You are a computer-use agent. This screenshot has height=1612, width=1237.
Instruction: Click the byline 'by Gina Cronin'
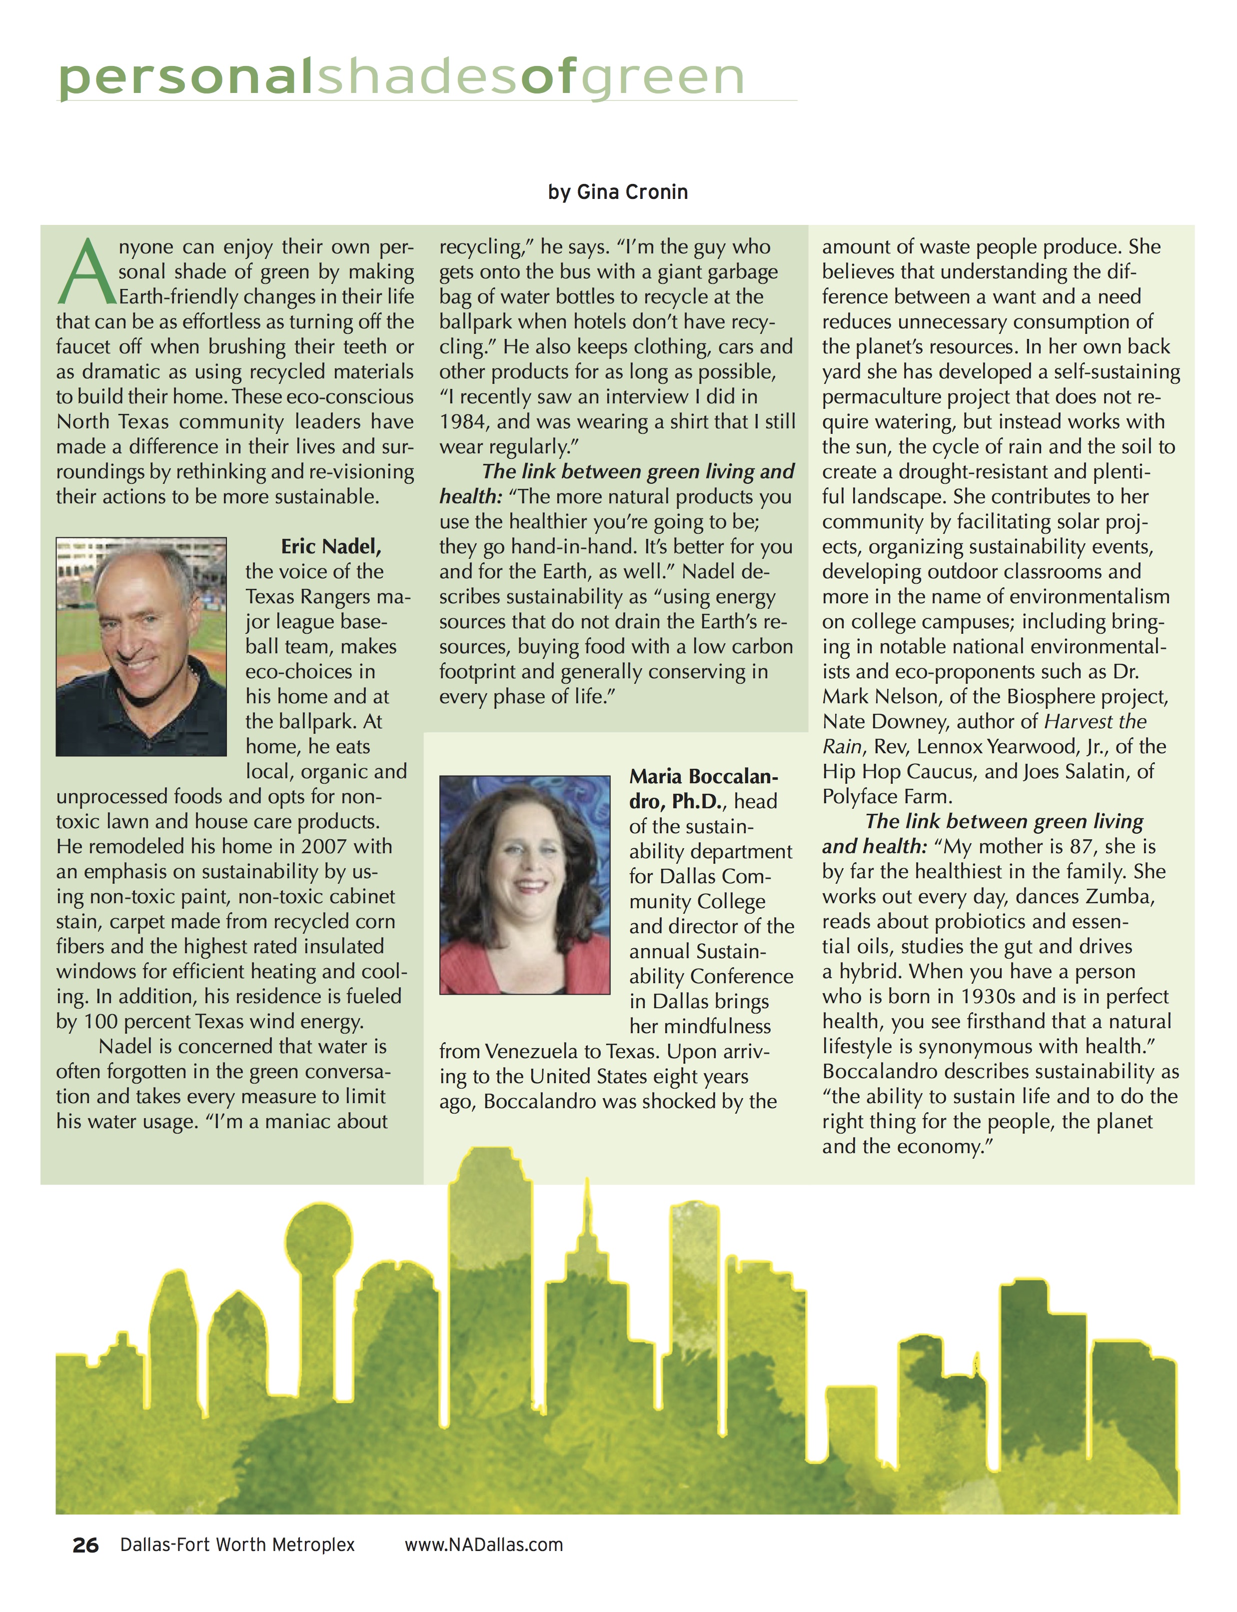[x=618, y=192]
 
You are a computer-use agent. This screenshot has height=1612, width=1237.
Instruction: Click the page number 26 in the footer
[x=85, y=1545]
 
